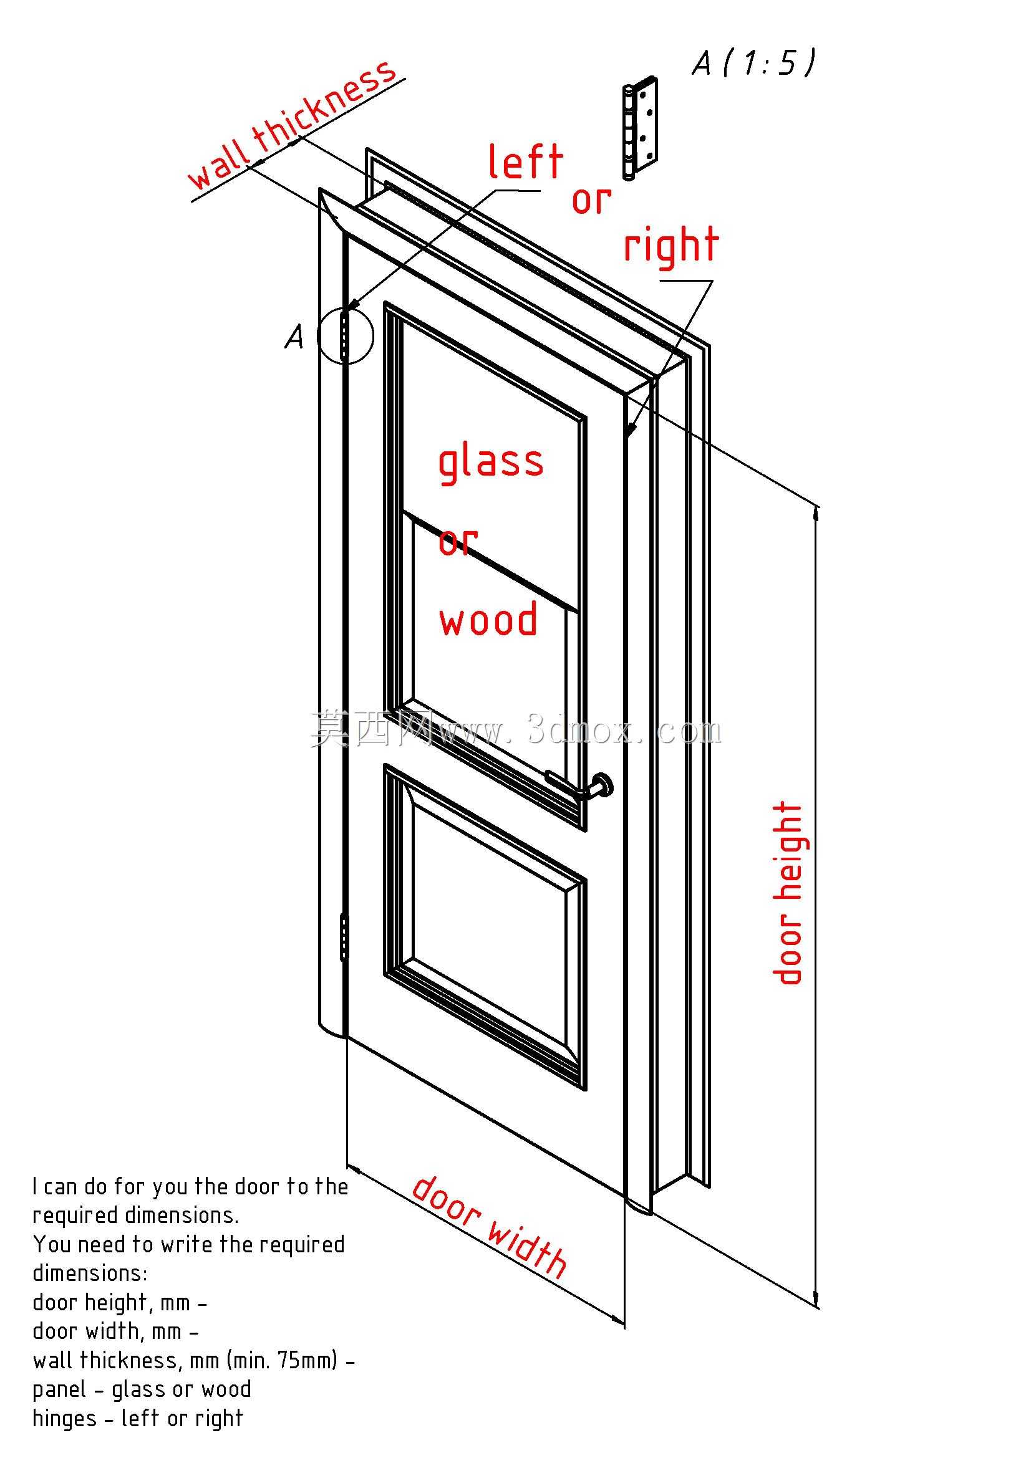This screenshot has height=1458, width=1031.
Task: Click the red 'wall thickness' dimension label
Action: point(293,125)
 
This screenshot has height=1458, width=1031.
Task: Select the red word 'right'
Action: point(671,246)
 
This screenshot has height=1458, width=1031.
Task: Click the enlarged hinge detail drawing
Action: point(639,129)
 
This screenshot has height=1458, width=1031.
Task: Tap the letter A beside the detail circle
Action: point(294,337)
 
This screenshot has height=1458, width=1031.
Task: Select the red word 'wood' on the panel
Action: point(488,620)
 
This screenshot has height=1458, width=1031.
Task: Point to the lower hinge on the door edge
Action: point(344,936)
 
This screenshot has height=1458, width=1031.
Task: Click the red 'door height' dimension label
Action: point(788,893)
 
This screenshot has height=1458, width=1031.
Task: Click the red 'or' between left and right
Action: point(591,201)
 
